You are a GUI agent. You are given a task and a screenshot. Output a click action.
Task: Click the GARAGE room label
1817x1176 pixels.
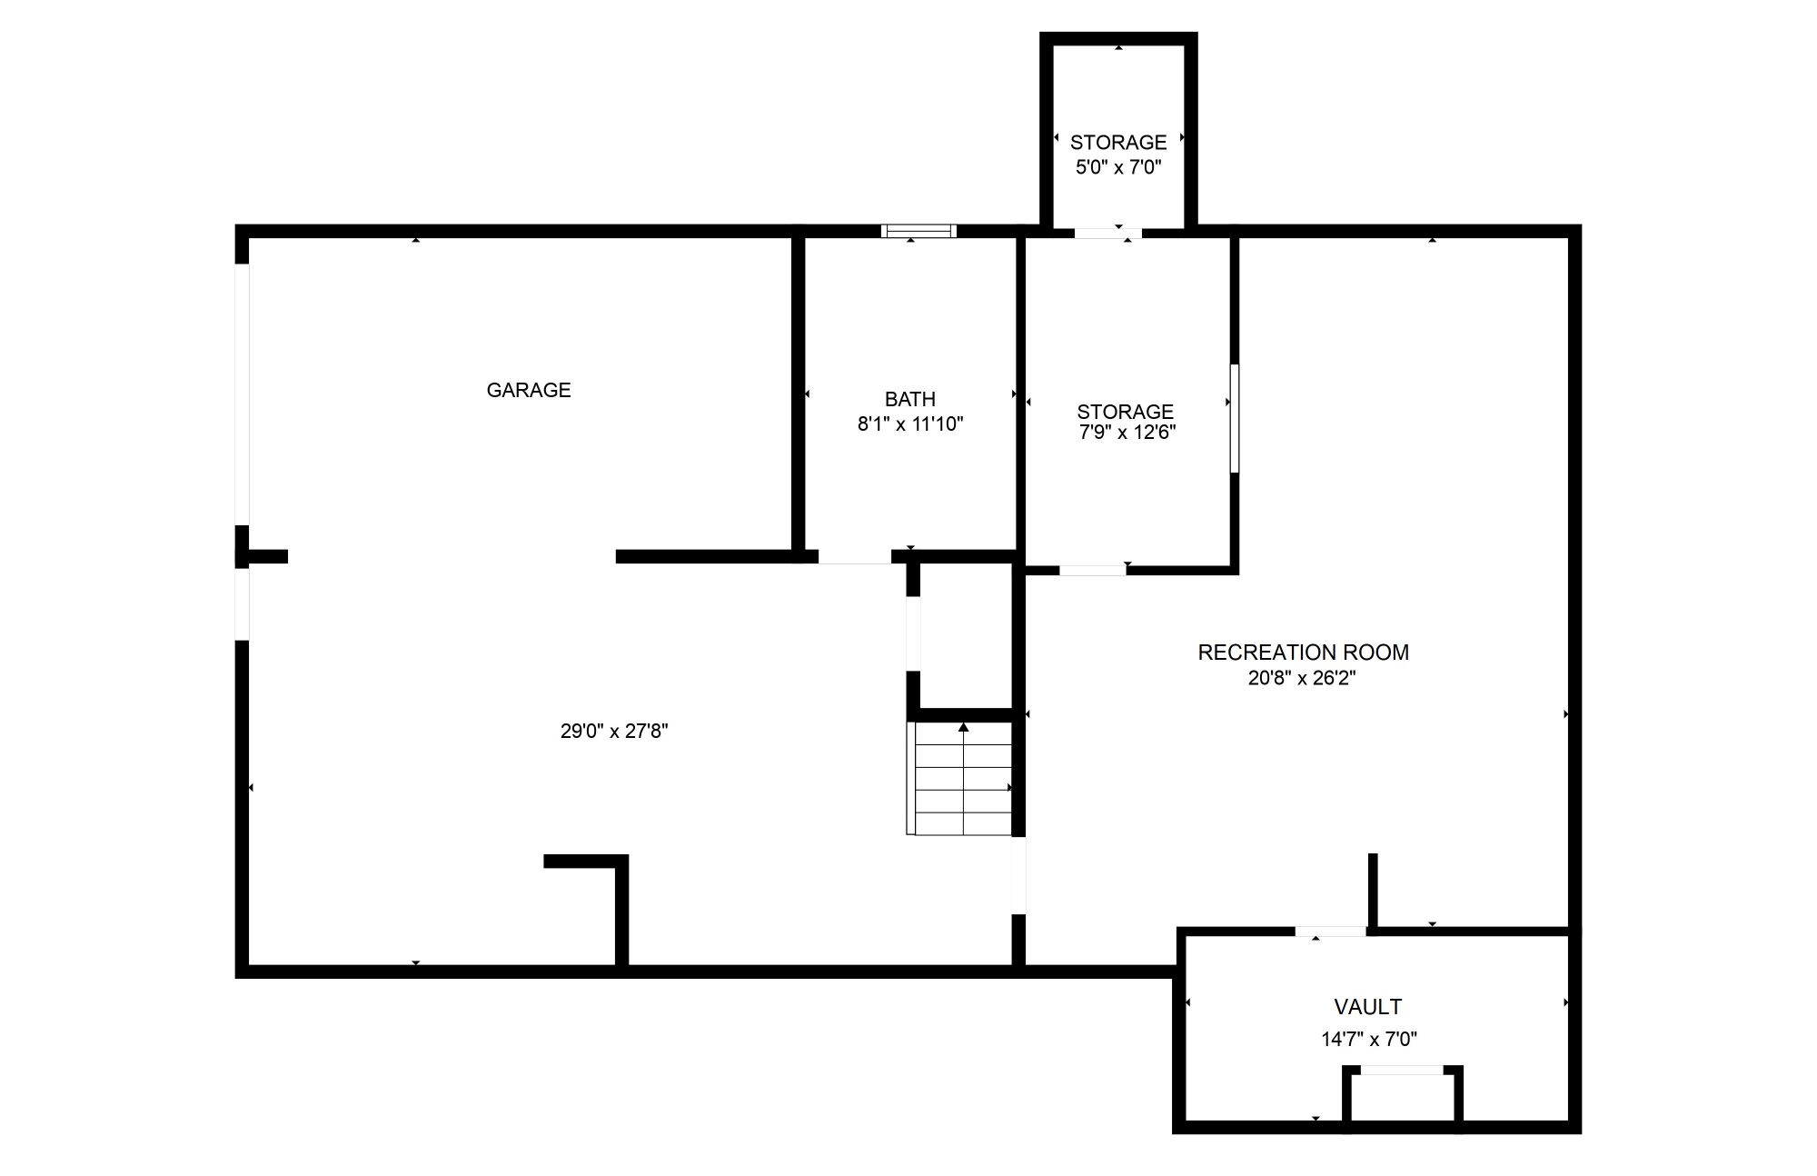point(529,390)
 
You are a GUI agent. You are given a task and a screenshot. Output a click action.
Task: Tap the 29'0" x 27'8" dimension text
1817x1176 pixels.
point(614,731)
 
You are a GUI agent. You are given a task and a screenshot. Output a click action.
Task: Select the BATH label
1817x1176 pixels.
point(910,399)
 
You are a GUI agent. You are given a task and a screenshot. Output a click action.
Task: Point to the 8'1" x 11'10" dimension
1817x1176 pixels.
point(910,424)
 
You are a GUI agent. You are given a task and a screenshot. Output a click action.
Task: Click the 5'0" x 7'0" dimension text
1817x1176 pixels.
point(1118,167)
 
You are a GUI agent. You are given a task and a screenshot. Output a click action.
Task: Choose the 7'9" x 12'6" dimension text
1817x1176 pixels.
point(1127,433)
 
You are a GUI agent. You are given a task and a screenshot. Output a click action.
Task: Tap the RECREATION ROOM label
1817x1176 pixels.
point(1304,653)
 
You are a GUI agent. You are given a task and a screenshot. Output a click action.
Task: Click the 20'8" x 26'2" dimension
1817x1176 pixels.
point(1302,678)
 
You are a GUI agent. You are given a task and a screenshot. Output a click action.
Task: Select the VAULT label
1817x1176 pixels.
point(1368,1007)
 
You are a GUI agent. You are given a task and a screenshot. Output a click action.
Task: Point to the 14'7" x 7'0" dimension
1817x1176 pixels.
point(1369,1039)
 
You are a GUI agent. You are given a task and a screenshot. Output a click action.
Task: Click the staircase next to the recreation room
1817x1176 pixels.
point(959,779)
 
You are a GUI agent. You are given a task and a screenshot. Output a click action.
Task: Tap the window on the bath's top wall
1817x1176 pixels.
point(919,231)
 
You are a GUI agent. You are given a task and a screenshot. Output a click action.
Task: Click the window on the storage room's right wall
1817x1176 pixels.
point(1235,419)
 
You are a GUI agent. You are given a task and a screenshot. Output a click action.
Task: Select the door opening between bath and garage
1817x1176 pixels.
point(855,557)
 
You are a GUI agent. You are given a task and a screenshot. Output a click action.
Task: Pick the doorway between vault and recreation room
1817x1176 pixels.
point(1331,932)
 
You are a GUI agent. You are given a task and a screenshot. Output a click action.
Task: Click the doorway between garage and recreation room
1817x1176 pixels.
point(1019,875)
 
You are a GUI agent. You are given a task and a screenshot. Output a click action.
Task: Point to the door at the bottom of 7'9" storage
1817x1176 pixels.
point(1093,570)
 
